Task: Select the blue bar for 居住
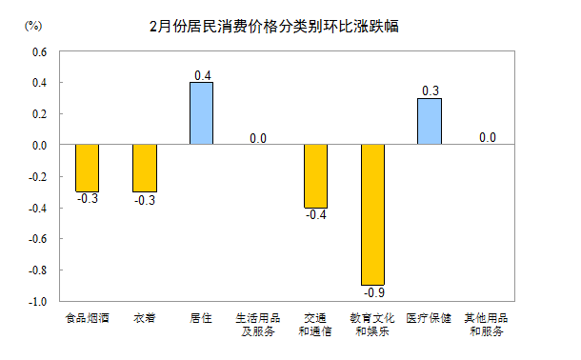coord(201,113)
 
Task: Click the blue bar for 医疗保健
coord(430,121)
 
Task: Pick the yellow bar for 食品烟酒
coord(87,168)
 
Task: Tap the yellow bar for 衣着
coord(144,168)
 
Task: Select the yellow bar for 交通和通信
coord(315,176)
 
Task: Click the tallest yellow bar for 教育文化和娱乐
coord(372,214)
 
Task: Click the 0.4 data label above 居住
coord(202,74)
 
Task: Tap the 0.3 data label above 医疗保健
coord(431,90)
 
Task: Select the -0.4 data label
coord(315,215)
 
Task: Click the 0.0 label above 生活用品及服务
coord(258,137)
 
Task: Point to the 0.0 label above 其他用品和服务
coord(487,137)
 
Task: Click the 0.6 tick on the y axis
coord(40,51)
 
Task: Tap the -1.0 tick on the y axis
coord(38,301)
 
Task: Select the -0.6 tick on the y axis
coord(38,239)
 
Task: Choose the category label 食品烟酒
coord(87,318)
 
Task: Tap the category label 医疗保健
coord(430,318)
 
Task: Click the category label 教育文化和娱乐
coord(372,325)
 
